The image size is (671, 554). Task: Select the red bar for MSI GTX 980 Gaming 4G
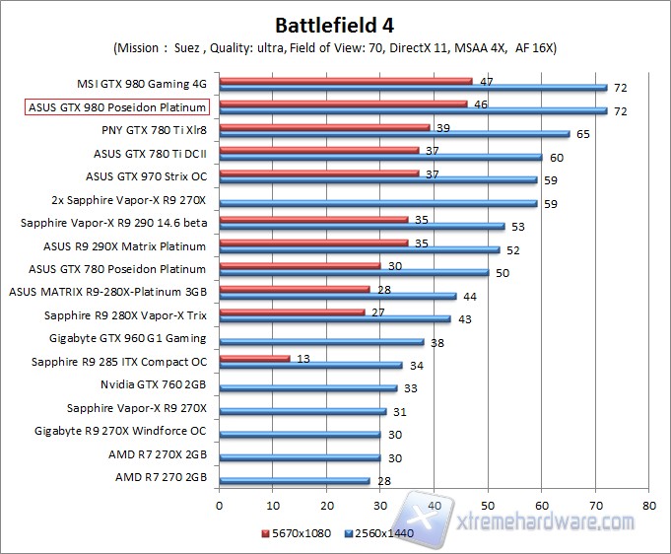coord(345,81)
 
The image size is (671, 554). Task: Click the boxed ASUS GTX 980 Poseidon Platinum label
coord(116,106)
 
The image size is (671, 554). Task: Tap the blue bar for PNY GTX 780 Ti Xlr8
coord(394,134)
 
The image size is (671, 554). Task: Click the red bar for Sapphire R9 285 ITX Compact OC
coord(254,359)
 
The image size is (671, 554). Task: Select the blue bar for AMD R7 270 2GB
coord(295,481)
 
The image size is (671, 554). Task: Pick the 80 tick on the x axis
coord(648,504)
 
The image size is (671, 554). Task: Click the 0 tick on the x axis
coord(220,504)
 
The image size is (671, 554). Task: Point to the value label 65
coord(583,134)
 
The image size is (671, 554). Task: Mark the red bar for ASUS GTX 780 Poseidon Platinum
coord(300,264)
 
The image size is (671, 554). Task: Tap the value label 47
coord(486,81)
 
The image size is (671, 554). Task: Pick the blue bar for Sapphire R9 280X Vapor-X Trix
coord(334,319)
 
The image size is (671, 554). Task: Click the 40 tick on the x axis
coord(434,504)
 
